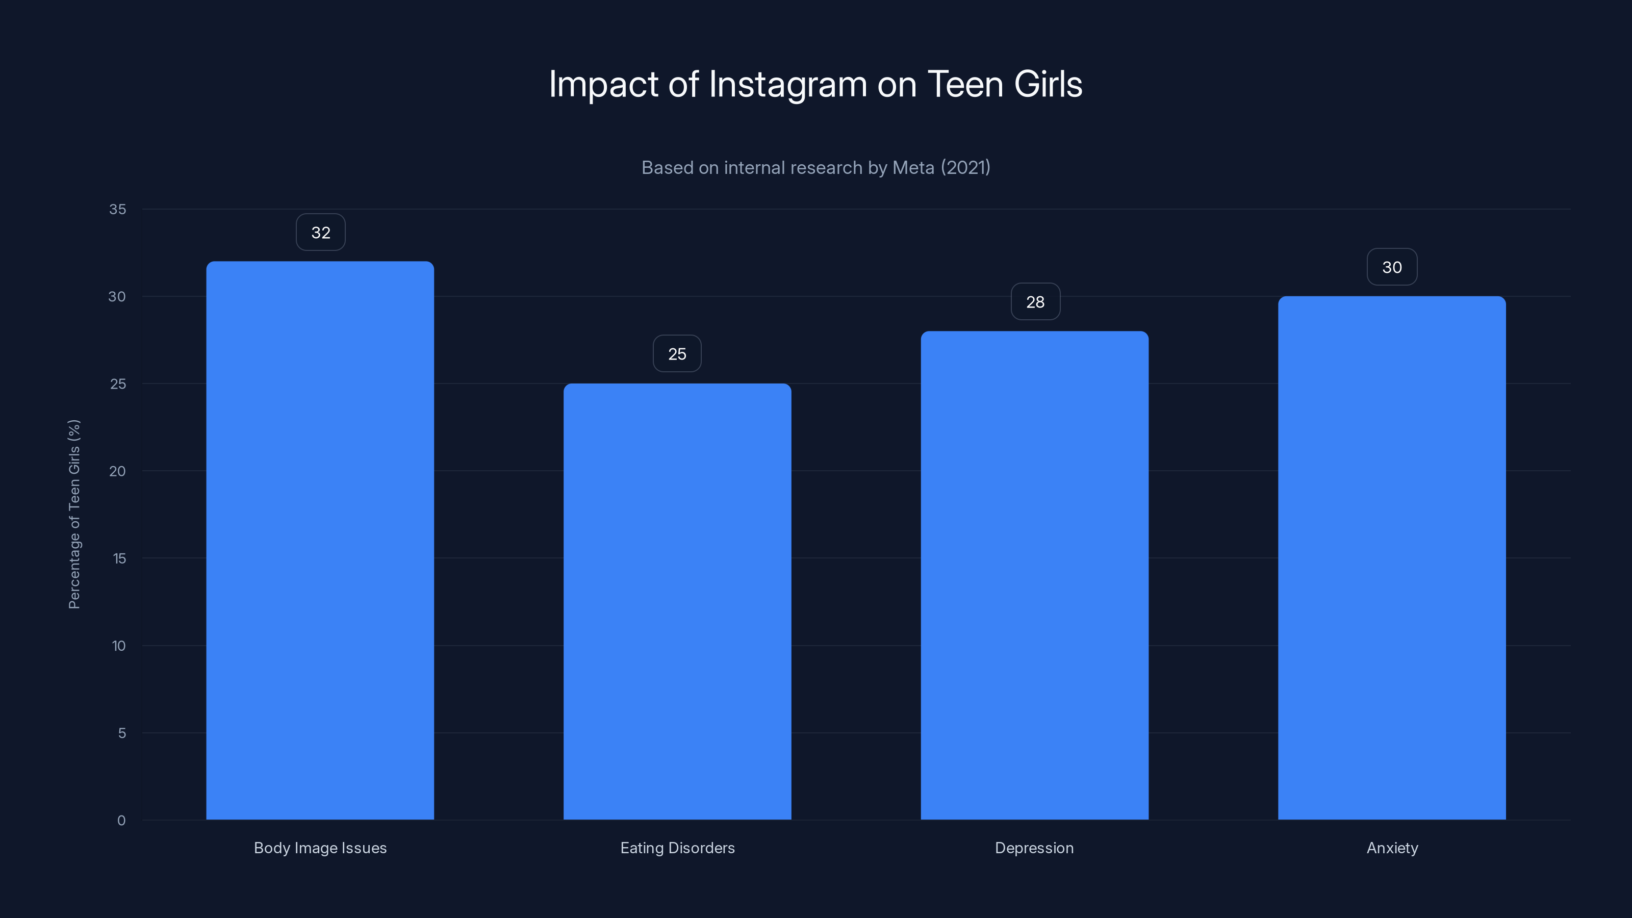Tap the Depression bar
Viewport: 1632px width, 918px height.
pos(1035,575)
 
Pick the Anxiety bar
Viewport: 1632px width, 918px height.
pos(1392,557)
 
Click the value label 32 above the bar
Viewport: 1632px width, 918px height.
pos(321,233)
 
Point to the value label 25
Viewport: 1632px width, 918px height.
pos(677,354)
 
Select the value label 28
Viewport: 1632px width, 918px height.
pos(1035,302)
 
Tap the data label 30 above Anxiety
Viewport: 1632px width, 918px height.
pos(1392,267)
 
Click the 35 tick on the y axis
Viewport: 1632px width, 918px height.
pos(118,209)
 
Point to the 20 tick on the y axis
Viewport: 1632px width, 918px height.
pos(118,471)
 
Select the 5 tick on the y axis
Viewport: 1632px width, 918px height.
pos(122,733)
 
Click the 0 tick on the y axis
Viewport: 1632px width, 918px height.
pos(122,821)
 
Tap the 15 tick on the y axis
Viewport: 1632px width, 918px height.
pos(119,558)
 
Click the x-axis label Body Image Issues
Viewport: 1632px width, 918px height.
pos(320,848)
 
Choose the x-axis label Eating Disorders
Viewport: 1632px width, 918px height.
pos(677,848)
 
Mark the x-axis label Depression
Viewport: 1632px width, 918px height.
pos(1034,848)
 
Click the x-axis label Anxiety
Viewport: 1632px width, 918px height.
pos(1392,848)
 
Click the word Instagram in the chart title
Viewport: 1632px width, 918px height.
pos(787,84)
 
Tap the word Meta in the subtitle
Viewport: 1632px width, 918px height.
pos(913,167)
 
